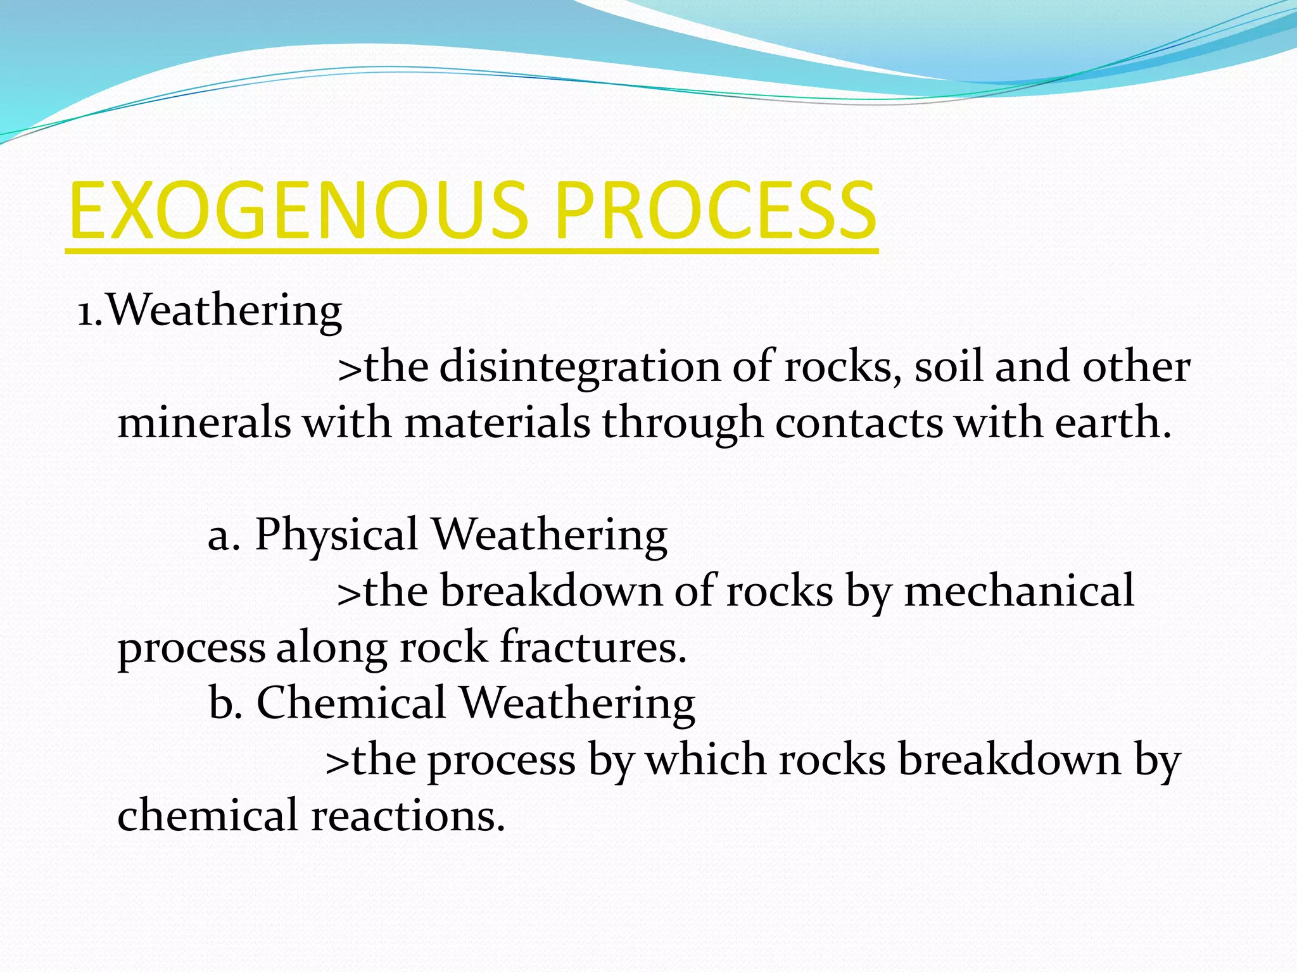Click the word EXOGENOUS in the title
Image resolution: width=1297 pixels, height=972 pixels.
298,212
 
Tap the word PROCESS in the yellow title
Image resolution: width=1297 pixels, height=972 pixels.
716,212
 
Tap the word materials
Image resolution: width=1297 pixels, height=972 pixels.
497,423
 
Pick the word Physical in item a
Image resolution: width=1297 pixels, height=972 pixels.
336,535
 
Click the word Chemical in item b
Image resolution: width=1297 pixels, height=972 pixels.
351,703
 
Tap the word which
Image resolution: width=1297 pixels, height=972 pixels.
706,759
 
